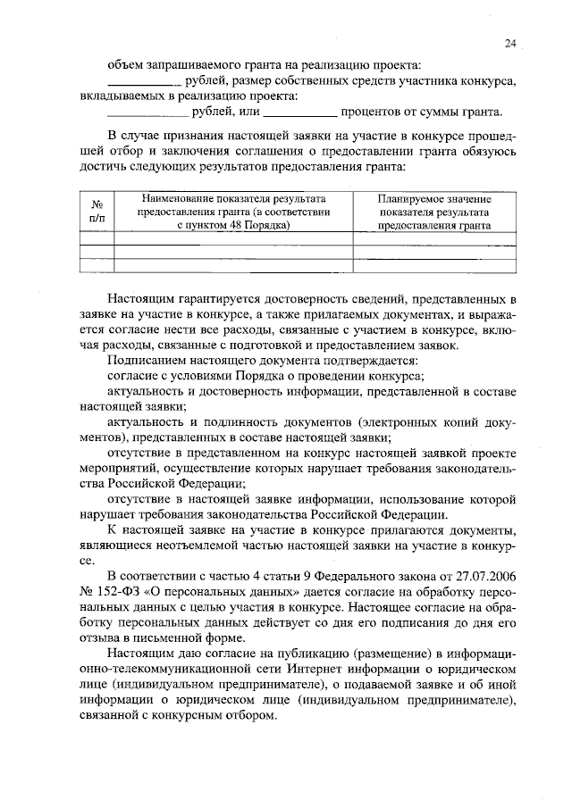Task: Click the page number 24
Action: (509, 42)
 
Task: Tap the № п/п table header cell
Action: (97, 212)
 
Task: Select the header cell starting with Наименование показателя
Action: (233, 212)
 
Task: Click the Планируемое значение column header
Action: (433, 212)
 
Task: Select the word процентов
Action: (372, 112)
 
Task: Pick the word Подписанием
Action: (144, 361)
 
